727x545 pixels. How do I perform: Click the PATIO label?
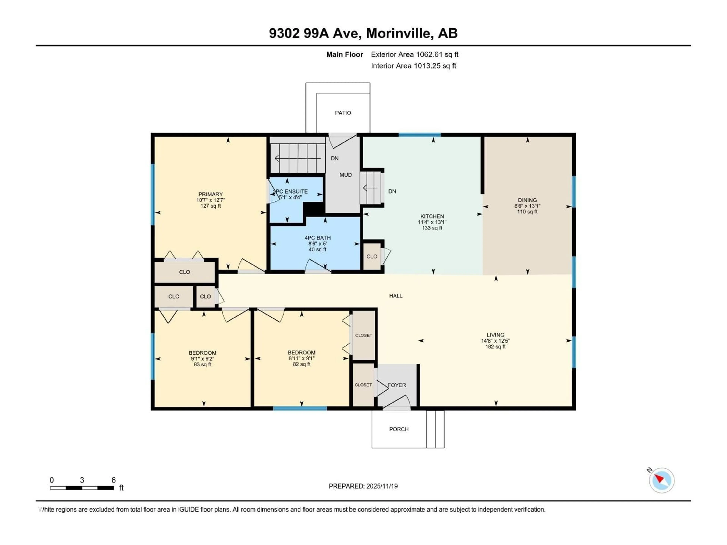[x=343, y=113]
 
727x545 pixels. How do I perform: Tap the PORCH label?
[x=399, y=429]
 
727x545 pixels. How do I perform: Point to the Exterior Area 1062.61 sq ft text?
[x=414, y=54]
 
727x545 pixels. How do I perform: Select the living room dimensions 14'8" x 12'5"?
[x=495, y=341]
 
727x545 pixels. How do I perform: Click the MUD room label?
[x=346, y=175]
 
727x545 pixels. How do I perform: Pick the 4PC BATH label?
[x=317, y=237]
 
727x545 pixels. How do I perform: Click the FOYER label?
[x=397, y=385]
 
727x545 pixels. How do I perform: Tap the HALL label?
[x=396, y=296]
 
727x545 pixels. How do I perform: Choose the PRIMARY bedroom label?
[x=210, y=194]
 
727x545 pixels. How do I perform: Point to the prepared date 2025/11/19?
[x=363, y=486]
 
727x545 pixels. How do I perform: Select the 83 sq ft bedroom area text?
[x=202, y=364]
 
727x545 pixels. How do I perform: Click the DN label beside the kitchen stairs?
[x=392, y=191]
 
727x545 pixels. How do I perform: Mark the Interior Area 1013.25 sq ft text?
[x=413, y=66]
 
